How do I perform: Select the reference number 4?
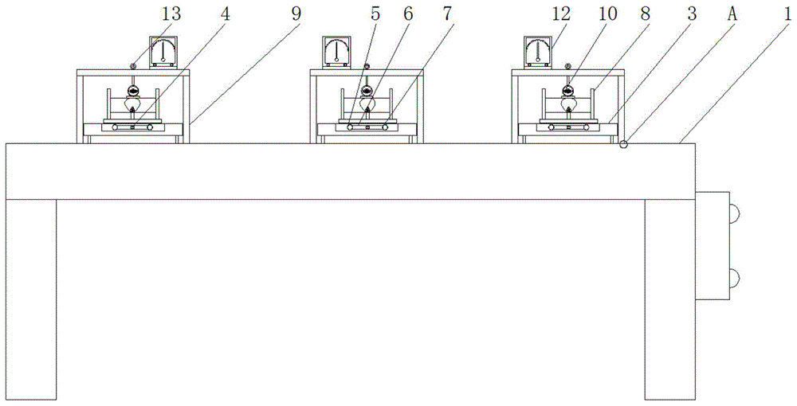point(225,14)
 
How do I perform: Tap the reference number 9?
point(296,14)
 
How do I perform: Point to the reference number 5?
point(375,14)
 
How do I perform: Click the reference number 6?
point(408,14)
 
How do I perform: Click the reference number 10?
point(607,14)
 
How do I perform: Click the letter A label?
point(733,14)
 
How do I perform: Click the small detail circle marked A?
point(624,145)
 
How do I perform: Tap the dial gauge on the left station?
point(163,52)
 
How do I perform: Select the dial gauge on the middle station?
point(336,52)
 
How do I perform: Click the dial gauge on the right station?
point(538,52)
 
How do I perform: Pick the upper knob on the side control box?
point(735,213)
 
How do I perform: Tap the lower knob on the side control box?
point(735,278)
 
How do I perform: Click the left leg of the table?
point(31,299)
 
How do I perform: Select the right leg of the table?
point(670,299)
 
